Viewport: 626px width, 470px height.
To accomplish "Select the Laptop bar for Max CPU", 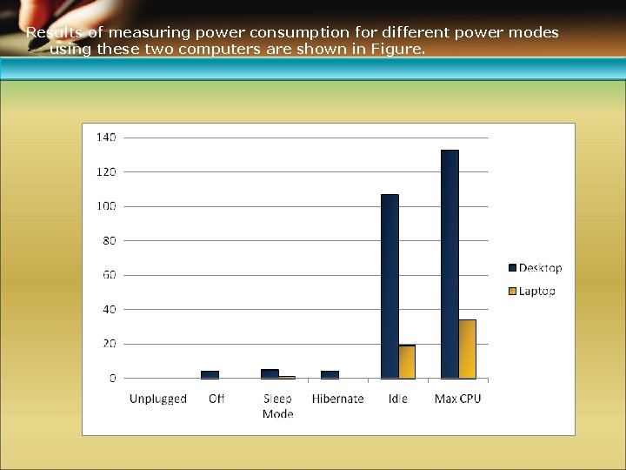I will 468,348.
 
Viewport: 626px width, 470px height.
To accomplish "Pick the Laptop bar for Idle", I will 407,361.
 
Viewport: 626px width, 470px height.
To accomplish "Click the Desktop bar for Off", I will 210,374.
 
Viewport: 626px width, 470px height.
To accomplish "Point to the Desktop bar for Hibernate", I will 330,374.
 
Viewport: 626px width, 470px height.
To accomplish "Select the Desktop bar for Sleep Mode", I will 270,373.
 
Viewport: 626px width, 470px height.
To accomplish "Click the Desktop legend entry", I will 535,268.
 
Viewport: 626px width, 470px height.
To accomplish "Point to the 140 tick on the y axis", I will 106,138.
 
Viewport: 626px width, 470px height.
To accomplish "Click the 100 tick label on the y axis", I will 106,206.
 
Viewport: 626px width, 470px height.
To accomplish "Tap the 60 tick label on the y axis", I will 109,275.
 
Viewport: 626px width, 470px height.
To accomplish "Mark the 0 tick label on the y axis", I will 112,379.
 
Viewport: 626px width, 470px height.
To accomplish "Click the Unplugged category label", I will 158,399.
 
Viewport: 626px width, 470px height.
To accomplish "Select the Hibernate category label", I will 337,399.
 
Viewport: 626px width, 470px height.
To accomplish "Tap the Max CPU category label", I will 457,399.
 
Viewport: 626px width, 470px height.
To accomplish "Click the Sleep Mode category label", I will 277,406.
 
